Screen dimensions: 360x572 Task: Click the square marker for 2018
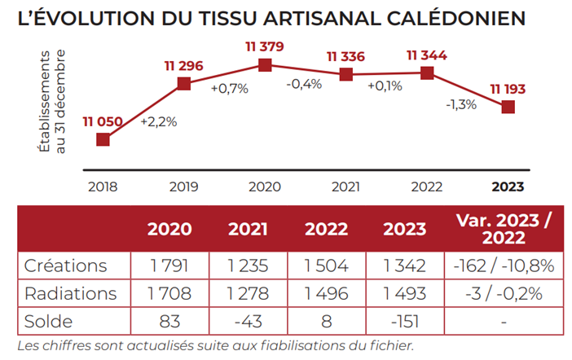[x=103, y=139]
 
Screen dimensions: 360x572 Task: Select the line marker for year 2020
[x=264, y=65]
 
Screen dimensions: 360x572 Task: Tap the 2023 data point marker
[x=508, y=107]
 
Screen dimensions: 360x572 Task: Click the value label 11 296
[x=184, y=64]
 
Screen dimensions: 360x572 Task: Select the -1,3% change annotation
[x=460, y=104]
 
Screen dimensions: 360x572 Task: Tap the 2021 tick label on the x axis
[x=345, y=187]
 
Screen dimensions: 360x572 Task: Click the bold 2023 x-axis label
[x=508, y=187]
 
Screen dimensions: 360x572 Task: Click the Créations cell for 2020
[x=169, y=266]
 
